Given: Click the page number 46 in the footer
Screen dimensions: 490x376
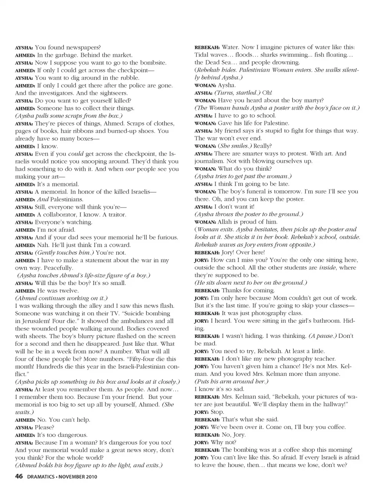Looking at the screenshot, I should pyautogui.click(x=19, y=477).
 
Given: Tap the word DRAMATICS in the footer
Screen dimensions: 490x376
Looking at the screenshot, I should pyautogui.click(x=40, y=477).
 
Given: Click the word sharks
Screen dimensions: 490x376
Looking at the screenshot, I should pyautogui.click(x=271, y=55).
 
